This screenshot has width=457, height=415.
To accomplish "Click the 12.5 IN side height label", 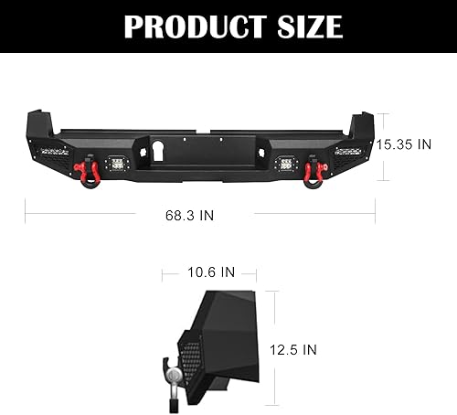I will pyautogui.click(x=294, y=349).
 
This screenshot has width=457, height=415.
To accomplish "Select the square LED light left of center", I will pyautogui.click(x=118, y=165).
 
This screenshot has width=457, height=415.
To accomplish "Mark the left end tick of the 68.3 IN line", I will pyautogui.click(x=26, y=216).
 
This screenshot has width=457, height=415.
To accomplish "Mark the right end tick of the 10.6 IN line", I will pyautogui.click(x=256, y=271).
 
